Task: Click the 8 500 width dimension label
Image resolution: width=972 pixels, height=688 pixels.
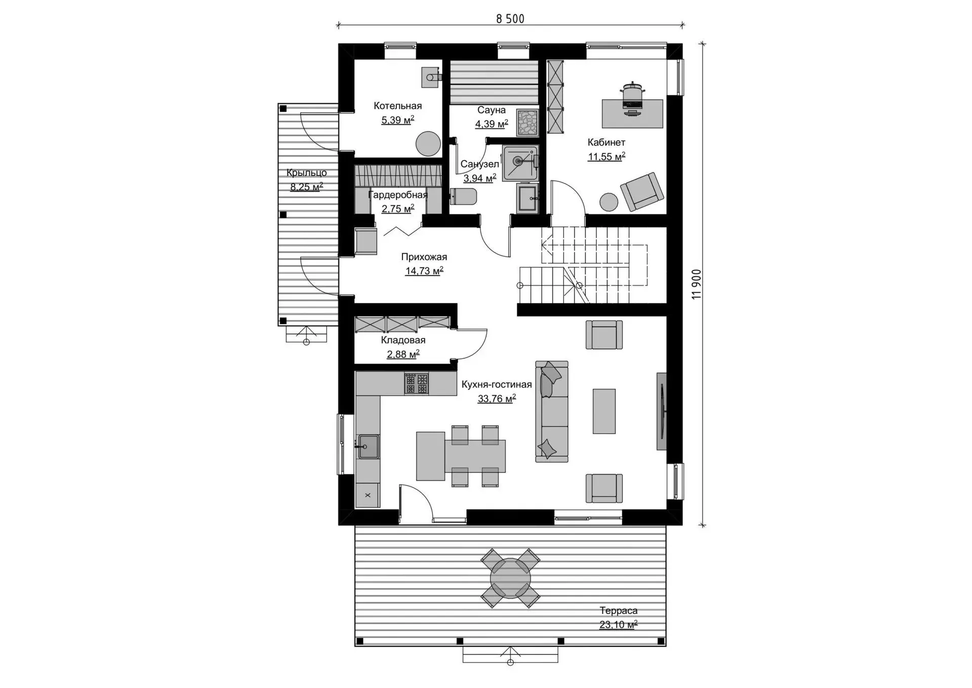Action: coord(510,19)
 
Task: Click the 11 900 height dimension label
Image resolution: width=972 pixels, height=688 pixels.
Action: coord(697,284)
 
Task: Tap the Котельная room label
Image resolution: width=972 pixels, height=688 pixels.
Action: coord(397,106)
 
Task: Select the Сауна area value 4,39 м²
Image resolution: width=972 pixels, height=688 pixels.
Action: coord(492,124)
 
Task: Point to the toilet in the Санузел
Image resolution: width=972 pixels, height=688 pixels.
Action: coord(463,197)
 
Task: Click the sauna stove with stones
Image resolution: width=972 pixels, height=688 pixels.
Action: coord(527,122)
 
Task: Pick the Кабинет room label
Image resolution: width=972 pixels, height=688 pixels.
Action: coord(606,142)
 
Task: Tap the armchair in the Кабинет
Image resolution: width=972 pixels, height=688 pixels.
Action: coord(641,191)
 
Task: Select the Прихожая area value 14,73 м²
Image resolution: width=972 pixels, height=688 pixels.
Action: coord(424,271)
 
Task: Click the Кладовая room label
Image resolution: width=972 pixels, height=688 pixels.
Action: coord(403,340)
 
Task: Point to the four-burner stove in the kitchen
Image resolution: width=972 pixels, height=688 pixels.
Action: coord(417,384)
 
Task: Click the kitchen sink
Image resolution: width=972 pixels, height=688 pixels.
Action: coord(369,447)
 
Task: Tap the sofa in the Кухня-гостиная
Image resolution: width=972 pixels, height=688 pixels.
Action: coord(552,411)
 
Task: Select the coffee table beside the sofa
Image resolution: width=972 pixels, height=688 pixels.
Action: coord(604,411)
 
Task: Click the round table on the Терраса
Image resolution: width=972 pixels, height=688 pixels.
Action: coord(510,578)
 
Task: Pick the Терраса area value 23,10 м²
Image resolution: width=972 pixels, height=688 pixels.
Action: coord(618,625)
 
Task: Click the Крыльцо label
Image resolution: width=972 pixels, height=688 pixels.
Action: coord(306,173)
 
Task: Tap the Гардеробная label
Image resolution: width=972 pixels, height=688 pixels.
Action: coord(398,195)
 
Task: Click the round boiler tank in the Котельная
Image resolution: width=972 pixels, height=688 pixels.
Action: coord(428,143)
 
